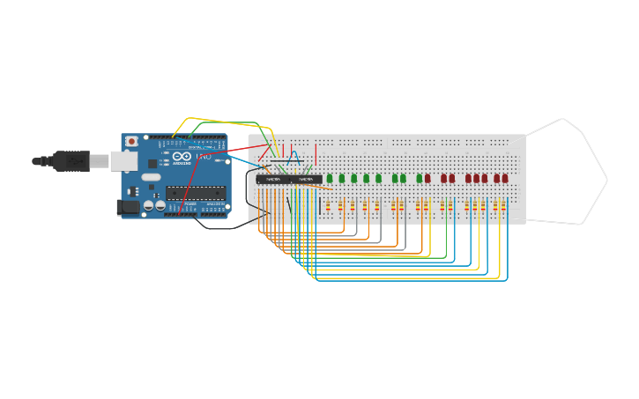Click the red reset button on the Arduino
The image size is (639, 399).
[131, 141]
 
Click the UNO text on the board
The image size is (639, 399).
[203, 157]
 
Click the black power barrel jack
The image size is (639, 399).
[128, 207]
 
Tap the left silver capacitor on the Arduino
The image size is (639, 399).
[149, 205]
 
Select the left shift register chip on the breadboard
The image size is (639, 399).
[272, 179]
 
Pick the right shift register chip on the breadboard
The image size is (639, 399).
[305, 179]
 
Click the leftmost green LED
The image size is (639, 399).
[330, 178]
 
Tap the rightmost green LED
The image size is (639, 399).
[420, 178]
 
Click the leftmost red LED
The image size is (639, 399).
[427, 178]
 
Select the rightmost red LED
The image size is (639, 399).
[505, 178]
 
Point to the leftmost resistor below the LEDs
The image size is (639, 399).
[329, 206]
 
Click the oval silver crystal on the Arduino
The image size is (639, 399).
[151, 177]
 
